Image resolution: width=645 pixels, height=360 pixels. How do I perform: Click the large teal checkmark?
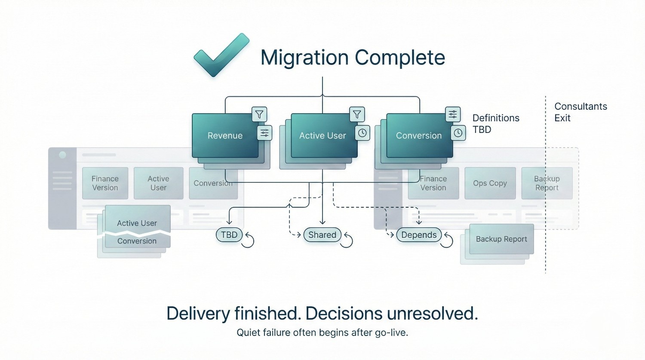pos(221,55)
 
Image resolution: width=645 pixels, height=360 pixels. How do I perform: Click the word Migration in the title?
pos(304,58)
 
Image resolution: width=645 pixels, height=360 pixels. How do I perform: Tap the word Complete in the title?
pos(399,58)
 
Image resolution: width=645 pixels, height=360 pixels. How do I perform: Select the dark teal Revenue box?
pos(225,135)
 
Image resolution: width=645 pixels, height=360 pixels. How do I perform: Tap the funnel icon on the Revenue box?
pos(259,114)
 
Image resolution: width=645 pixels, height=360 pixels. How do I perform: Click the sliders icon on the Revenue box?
pos(264,133)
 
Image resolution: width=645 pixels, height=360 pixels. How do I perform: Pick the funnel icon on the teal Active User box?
pos(357,114)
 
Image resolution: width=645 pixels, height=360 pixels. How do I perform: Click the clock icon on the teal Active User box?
pos(362,133)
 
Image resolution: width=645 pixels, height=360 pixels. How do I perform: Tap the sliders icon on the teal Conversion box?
pos(453,114)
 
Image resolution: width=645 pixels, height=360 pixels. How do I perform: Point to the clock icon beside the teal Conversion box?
pos(458,133)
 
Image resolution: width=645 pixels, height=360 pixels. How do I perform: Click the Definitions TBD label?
pos(495,124)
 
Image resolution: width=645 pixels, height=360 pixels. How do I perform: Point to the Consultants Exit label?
pos(580,112)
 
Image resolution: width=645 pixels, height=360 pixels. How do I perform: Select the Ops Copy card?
pos(490,183)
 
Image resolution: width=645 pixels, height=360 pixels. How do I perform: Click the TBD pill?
pos(229,235)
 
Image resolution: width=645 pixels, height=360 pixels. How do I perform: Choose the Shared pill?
pos(322,235)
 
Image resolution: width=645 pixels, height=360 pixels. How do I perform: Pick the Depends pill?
pos(419,235)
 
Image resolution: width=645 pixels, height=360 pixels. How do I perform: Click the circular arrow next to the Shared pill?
pos(347,241)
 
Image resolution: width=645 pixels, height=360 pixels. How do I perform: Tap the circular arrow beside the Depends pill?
pos(447,240)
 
